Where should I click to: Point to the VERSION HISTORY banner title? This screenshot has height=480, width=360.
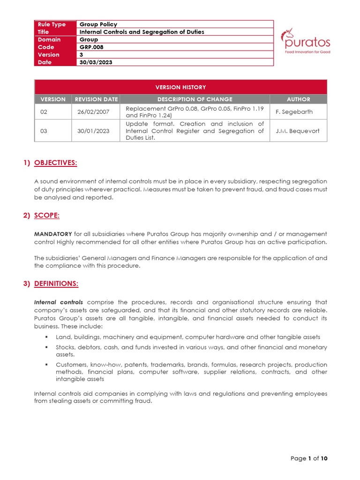(180, 87)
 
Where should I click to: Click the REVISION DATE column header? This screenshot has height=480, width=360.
(95, 99)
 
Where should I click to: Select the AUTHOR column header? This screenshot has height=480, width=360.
(298, 99)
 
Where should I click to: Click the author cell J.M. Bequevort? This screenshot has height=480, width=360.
(298, 131)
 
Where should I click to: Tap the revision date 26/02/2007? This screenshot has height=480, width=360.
(93, 112)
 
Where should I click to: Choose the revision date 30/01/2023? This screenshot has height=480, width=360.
(93, 131)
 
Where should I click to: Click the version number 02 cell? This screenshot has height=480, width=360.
(44, 112)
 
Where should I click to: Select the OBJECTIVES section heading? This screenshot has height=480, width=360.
(56, 163)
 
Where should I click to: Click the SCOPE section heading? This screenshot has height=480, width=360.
(47, 215)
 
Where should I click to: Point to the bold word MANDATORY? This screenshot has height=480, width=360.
(53, 233)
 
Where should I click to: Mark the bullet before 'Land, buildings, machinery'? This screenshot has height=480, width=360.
(47, 337)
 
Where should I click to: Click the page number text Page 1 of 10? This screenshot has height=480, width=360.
(308, 458)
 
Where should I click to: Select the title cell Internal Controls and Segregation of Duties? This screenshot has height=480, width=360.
(142, 32)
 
